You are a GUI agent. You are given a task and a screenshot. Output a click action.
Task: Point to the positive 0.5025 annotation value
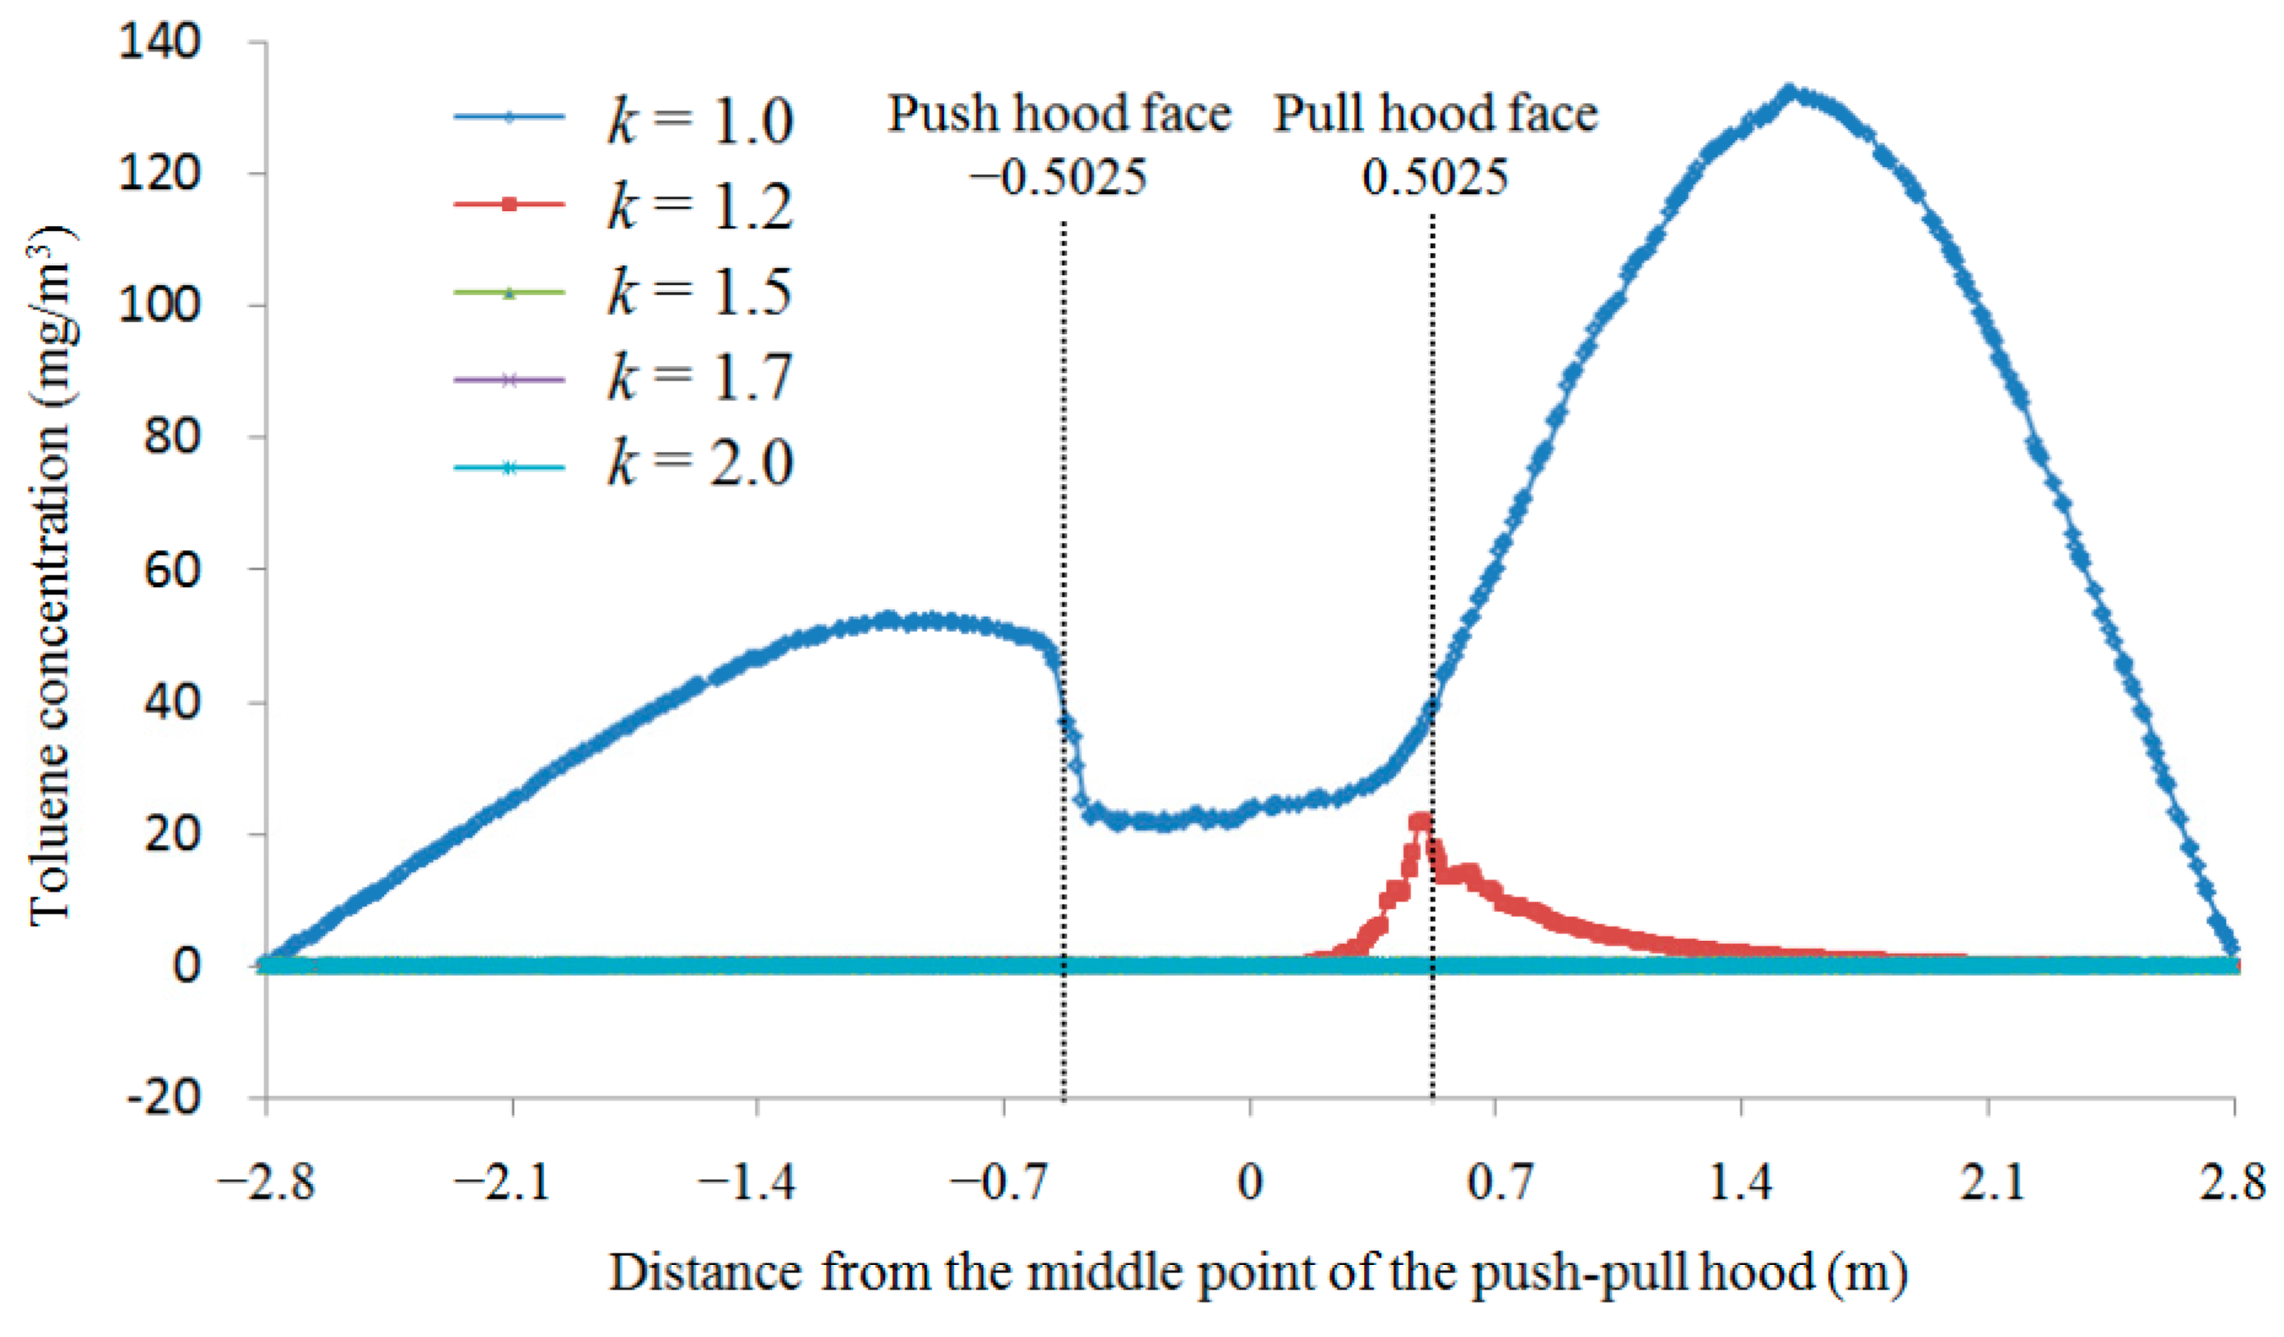pyautogui.click(x=1435, y=177)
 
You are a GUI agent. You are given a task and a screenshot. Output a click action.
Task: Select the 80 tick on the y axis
pyautogui.click(x=171, y=438)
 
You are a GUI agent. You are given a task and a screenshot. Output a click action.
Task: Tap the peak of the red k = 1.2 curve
pyautogui.click(x=1420, y=822)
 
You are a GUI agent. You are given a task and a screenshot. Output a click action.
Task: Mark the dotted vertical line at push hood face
pyautogui.click(x=1064, y=635)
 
